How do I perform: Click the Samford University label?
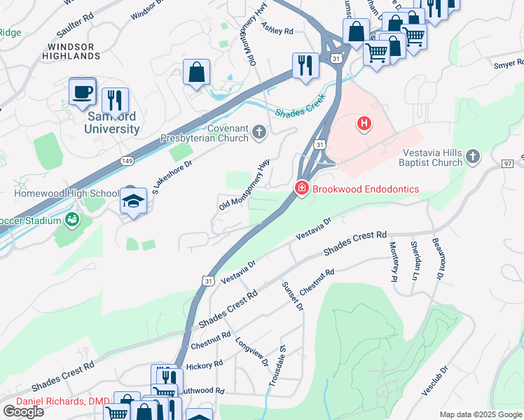(111, 122)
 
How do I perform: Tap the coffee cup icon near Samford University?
(83, 91)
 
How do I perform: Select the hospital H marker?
(364, 125)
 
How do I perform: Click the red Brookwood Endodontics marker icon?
(301, 189)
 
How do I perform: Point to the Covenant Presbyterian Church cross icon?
(259, 132)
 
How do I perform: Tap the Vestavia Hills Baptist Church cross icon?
(473, 155)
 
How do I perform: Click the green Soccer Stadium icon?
(71, 220)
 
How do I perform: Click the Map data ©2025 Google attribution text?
(481, 414)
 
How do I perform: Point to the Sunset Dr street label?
(293, 296)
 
